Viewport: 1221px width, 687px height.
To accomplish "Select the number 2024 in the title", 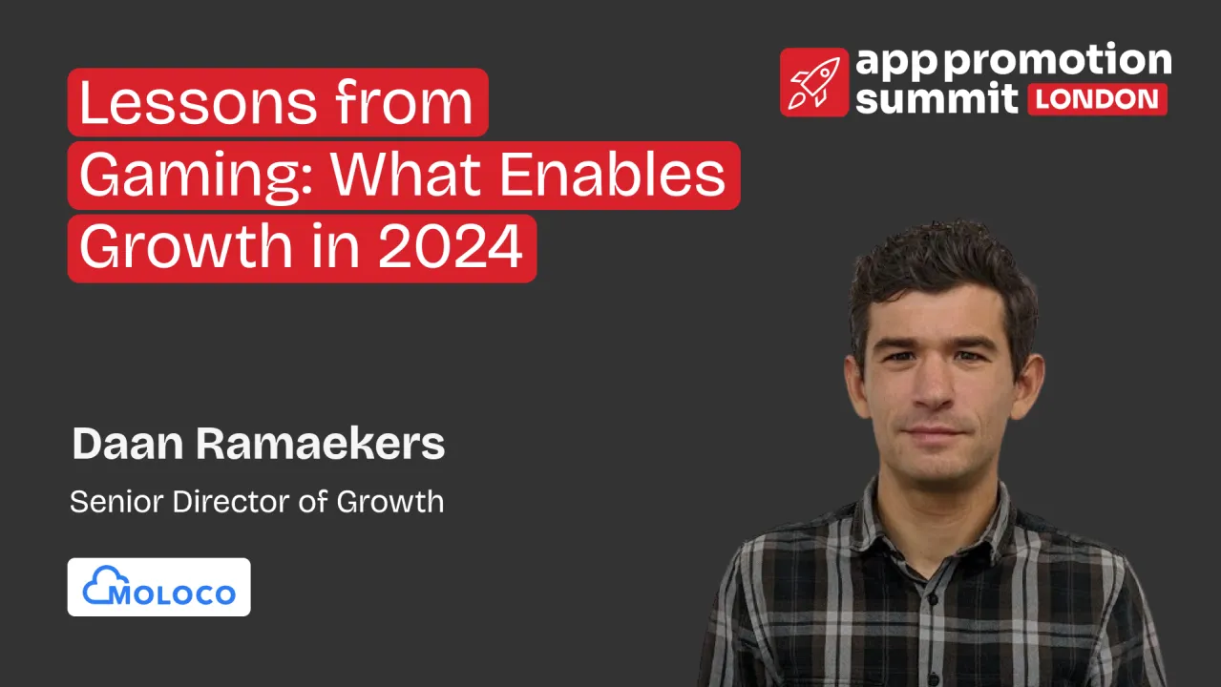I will [x=451, y=247].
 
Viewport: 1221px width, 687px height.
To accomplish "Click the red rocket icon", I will [x=813, y=82].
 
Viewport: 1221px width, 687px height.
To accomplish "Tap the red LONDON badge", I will [x=1097, y=99].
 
